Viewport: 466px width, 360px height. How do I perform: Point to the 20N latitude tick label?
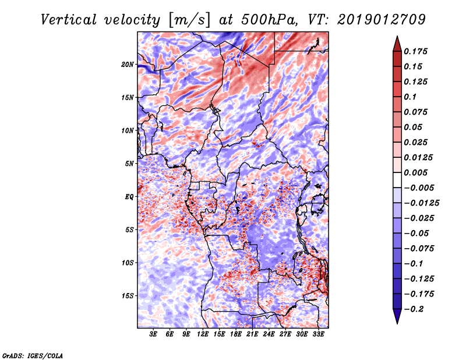click(x=128, y=64)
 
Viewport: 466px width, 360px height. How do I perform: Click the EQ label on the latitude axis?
click(x=130, y=197)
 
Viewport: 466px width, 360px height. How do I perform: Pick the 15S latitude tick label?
click(x=128, y=296)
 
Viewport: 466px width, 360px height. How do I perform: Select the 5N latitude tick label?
click(x=129, y=164)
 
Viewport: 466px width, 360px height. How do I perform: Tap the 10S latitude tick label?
click(x=128, y=263)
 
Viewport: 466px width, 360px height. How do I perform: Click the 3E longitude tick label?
click(x=153, y=335)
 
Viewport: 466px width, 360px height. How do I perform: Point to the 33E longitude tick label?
click(x=318, y=335)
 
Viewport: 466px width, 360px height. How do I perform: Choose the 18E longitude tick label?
click(x=236, y=335)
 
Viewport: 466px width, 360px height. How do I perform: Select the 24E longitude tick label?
click(x=269, y=335)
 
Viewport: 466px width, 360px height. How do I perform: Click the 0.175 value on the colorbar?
click(x=416, y=52)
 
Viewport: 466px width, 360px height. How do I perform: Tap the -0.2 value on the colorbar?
click(x=415, y=309)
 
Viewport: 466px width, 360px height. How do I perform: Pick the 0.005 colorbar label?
click(x=416, y=173)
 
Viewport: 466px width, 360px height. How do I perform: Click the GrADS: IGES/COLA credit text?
click(x=32, y=355)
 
